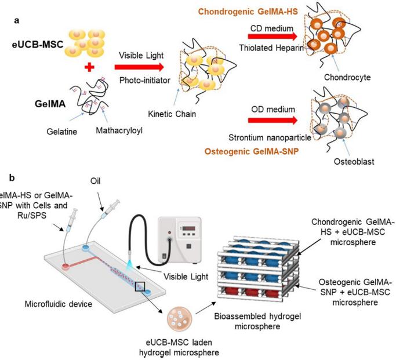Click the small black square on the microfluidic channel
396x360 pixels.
140,286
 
